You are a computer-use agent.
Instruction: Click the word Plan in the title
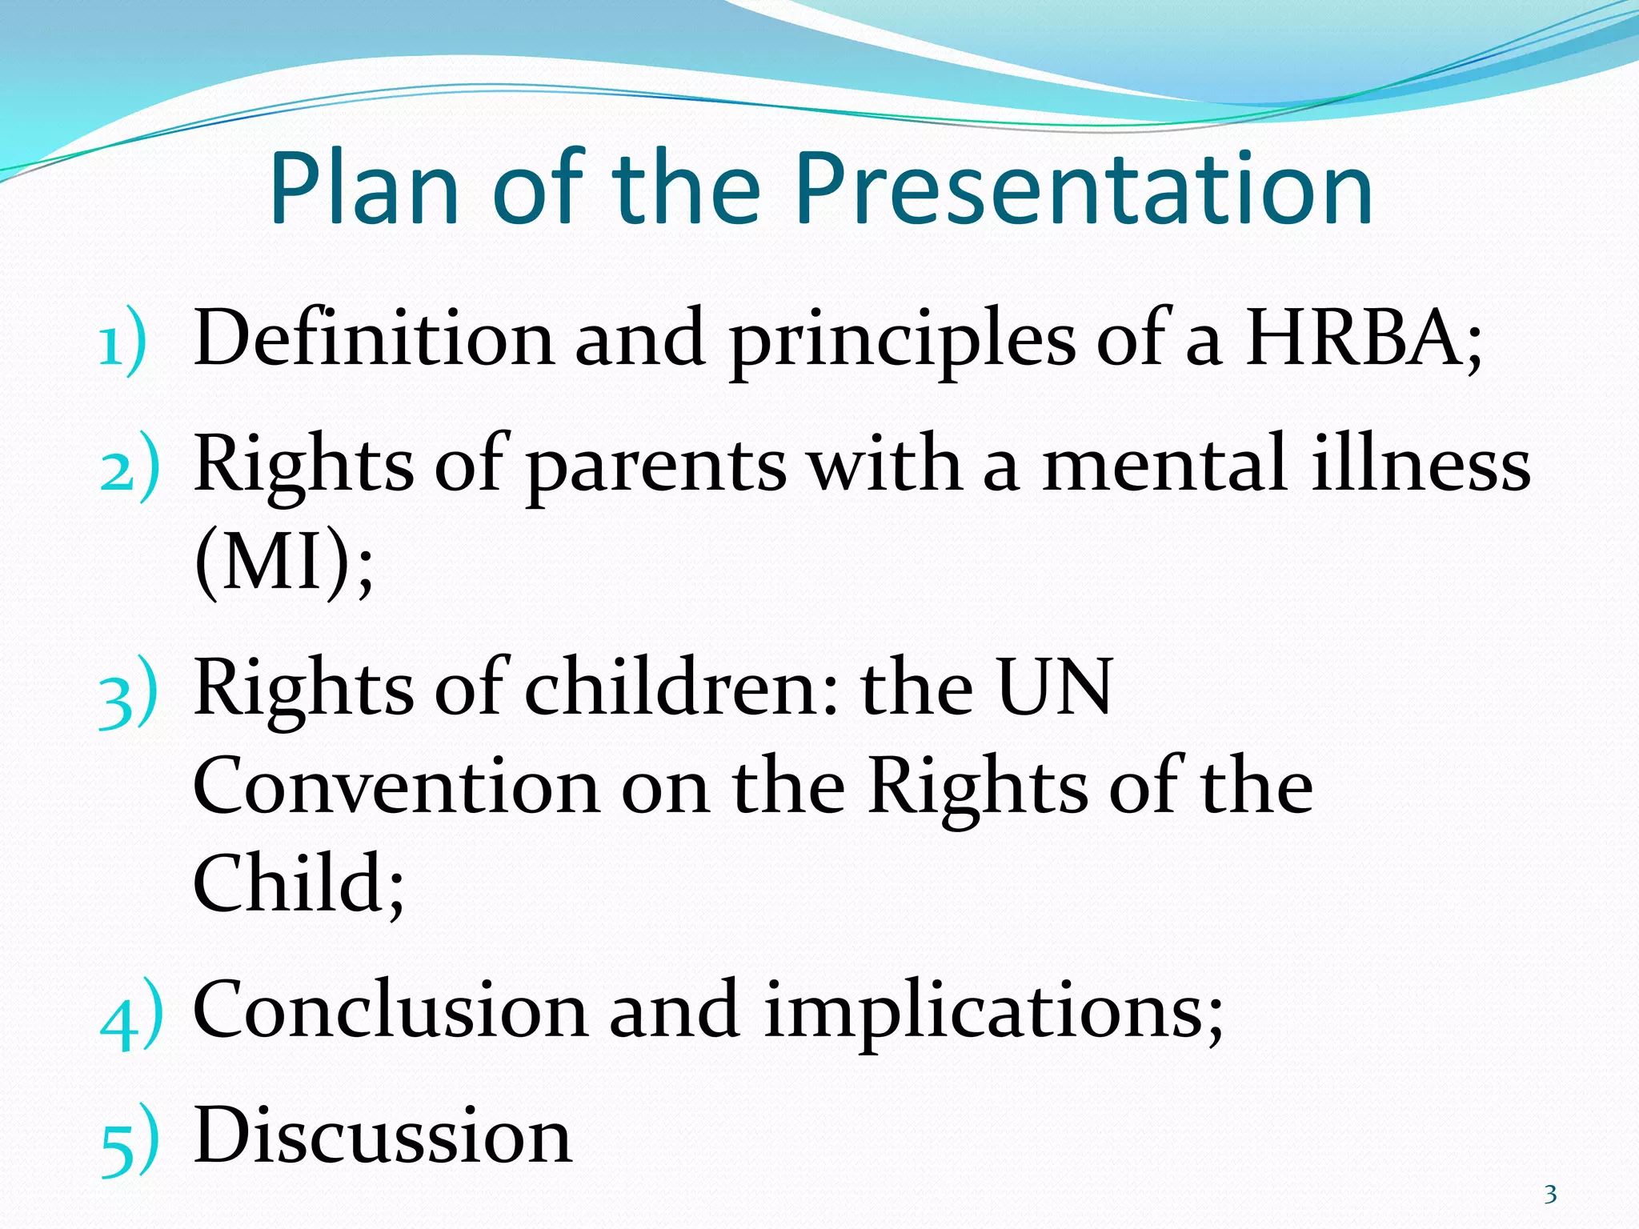(x=365, y=190)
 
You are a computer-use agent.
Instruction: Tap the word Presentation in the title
(x=1084, y=190)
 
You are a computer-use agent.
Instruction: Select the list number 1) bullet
(x=122, y=346)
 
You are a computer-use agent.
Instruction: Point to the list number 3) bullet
(x=128, y=695)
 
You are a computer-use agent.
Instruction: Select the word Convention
(x=396, y=787)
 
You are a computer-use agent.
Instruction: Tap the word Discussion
(x=383, y=1136)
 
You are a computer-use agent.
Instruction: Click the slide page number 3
(x=1550, y=1195)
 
